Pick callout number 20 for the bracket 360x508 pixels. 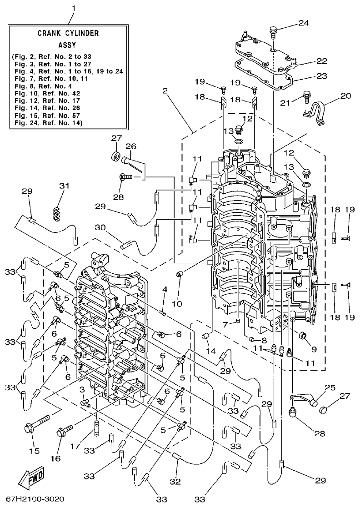(346, 96)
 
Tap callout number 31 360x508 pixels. (65, 186)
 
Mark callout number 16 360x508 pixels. (55, 458)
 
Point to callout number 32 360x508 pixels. (178, 481)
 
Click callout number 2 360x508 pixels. (165, 91)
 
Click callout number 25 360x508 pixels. (330, 387)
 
